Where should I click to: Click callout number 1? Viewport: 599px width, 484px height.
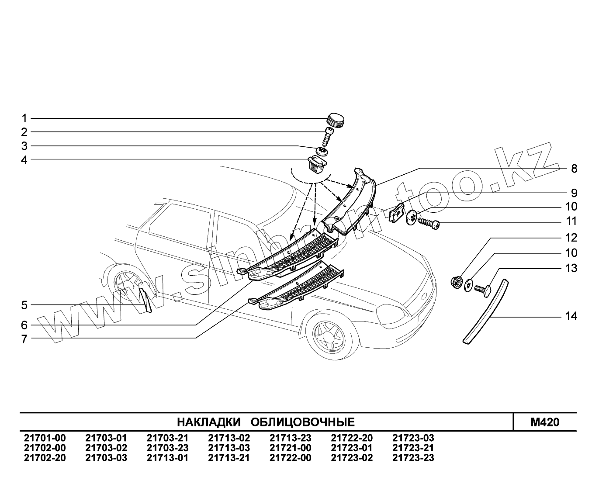coord(24,118)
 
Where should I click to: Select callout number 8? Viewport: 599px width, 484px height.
coord(574,169)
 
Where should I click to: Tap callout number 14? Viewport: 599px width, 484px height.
coord(571,316)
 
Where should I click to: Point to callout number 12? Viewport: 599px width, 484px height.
coord(571,238)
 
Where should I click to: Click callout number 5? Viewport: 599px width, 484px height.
coord(24,305)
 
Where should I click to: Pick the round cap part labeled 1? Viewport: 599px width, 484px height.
coord(335,119)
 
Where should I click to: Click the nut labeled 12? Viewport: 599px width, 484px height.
coord(456,282)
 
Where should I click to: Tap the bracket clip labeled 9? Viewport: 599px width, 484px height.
coord(396,214)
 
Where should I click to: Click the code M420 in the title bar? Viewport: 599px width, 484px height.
coord(544,422)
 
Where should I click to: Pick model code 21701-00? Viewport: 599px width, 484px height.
coord(45,438)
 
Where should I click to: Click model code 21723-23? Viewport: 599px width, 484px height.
coord(413,458)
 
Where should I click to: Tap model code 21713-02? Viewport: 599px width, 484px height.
coord(229,438)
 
